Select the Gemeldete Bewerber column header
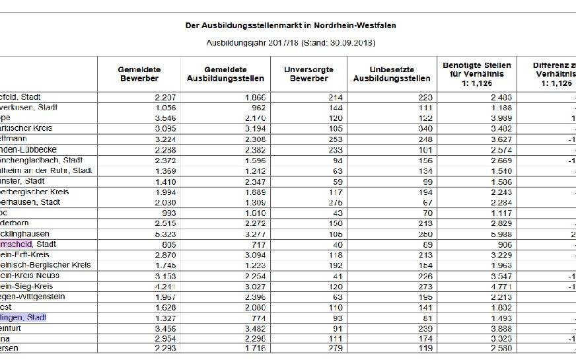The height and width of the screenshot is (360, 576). coord(139,74)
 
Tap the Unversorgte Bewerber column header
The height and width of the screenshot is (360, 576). coord(308,74)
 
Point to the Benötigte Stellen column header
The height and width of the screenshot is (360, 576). coord(477,69)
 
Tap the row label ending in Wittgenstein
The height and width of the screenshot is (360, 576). coord(33,297)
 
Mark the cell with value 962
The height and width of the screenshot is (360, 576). coord(254,107)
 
